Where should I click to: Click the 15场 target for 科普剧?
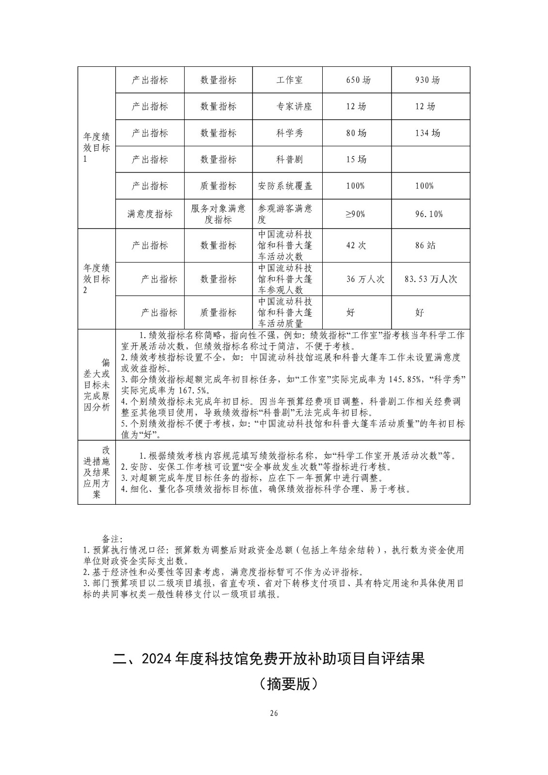click(356, 159)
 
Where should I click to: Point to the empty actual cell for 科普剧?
click(430, 159)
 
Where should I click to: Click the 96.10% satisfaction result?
click(429, 214)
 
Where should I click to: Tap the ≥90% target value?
click(355, 214)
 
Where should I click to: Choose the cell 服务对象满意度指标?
click(218, 214)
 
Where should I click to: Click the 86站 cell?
click(425, 246)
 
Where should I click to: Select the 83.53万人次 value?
click(431, 279)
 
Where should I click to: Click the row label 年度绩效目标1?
click(96, 148)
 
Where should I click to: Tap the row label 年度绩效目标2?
click(96, 279)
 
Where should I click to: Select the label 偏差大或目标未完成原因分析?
click(96, 385)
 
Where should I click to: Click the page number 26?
click(274, 713)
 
